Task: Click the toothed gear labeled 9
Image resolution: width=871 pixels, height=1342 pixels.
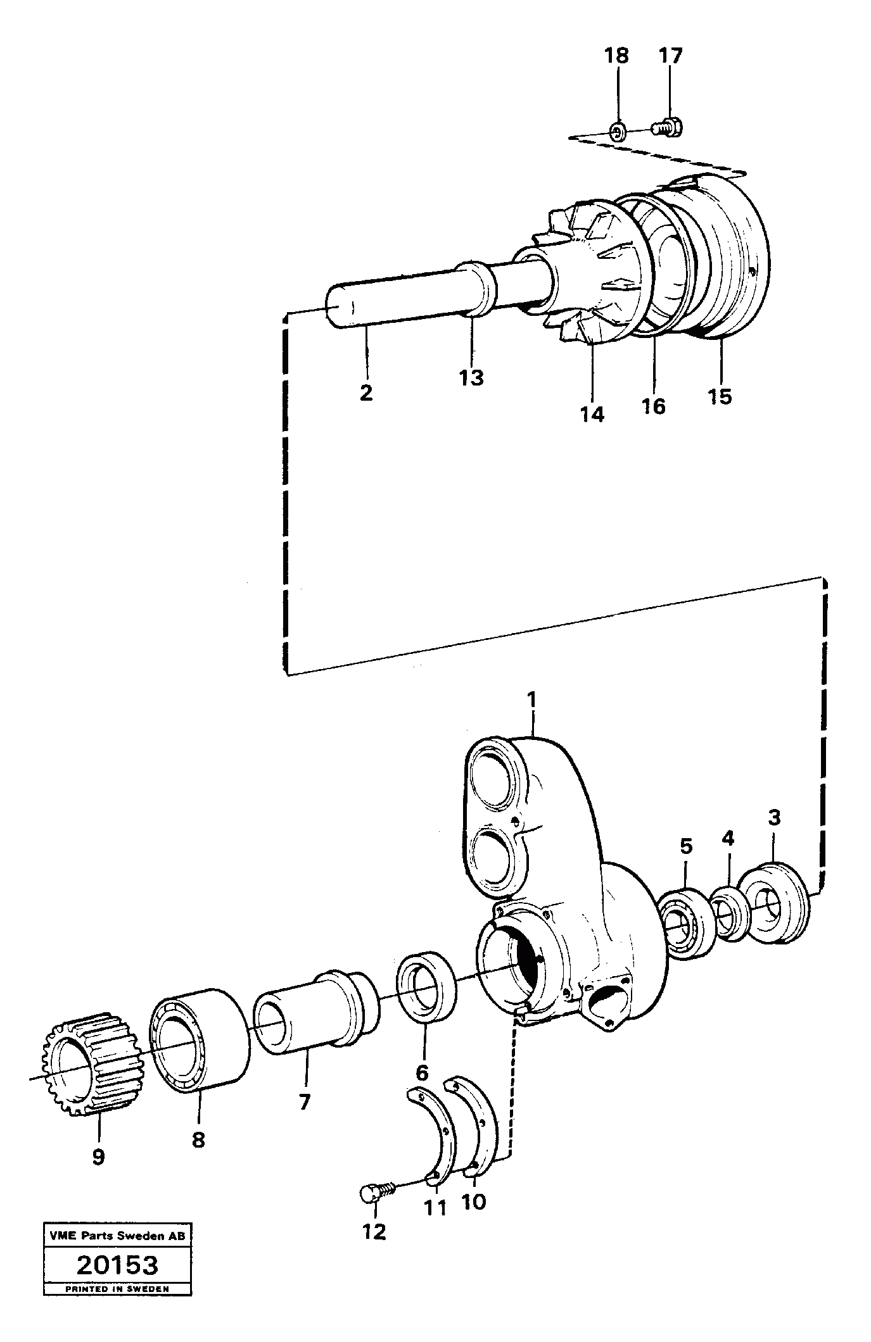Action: (96, 1070)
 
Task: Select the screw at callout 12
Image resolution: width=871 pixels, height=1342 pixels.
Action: (372, 1192)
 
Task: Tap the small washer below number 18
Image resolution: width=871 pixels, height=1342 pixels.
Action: (618, 132)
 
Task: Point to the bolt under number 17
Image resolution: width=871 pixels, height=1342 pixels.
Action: (668, 127)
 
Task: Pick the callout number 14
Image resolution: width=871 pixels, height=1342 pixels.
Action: (592, 415)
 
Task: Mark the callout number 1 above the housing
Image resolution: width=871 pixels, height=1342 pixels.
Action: (531, 699)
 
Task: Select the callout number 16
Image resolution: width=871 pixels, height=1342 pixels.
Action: (654, 406)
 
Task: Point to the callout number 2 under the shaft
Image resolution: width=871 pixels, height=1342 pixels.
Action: (366, 392)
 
